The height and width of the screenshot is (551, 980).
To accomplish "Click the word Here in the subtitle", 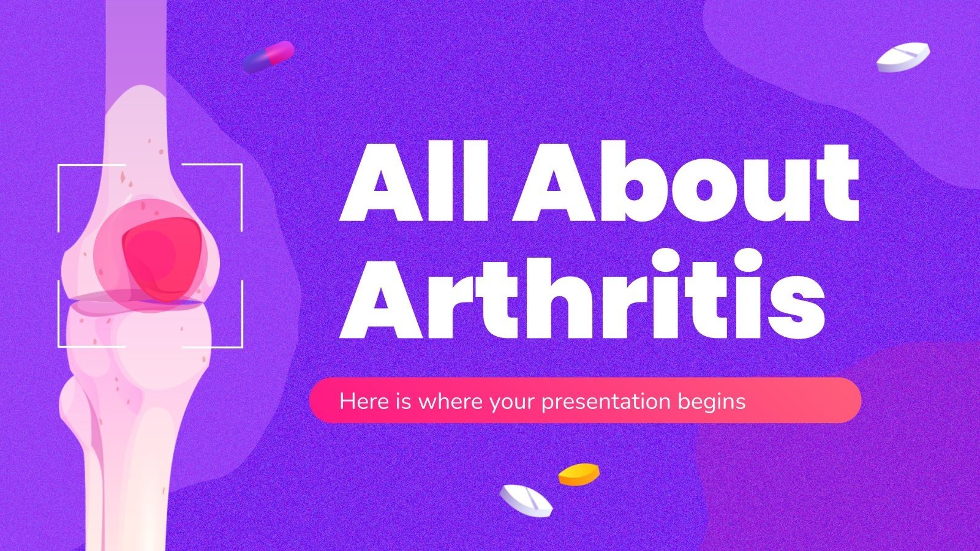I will click(x=364, y=402).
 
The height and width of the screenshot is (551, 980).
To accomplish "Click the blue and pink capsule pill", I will click(x=268, y=57).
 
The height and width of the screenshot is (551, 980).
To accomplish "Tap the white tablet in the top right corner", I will click(x=902, y=57).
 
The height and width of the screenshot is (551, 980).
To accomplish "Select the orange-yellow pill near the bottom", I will click(x=578, y=474).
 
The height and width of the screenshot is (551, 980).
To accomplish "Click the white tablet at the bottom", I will click(x=526, y=500).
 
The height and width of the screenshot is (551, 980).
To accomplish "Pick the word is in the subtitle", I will click(x=404, y=402).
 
